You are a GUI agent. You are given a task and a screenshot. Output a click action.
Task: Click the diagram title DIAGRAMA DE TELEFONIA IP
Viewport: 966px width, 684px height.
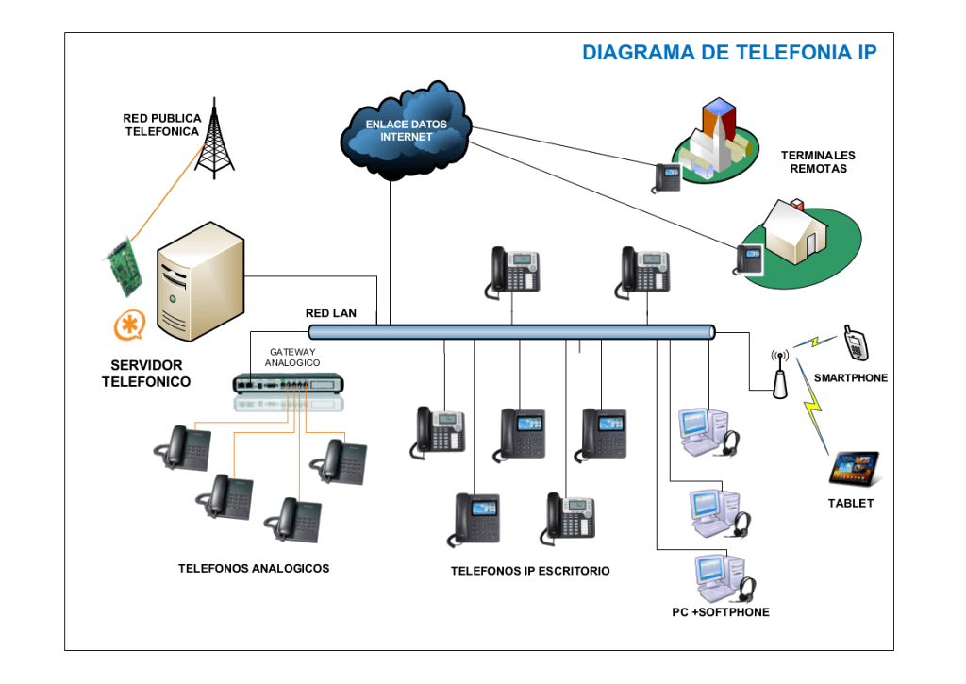click(729, 53)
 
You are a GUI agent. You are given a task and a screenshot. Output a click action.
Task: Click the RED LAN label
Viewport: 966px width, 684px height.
click(331, 313)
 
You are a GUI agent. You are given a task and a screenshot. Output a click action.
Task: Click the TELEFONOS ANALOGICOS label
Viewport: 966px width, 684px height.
click(254, 568)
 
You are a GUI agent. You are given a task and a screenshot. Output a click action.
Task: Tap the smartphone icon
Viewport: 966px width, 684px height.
click(855, 342)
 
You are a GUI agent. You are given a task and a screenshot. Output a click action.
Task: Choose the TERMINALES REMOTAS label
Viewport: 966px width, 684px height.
click(818, 161)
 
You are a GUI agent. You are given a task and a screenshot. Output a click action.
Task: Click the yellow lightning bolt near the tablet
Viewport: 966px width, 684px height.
click(811, 417)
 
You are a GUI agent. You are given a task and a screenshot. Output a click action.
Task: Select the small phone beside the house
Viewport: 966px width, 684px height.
click(749, 259)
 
